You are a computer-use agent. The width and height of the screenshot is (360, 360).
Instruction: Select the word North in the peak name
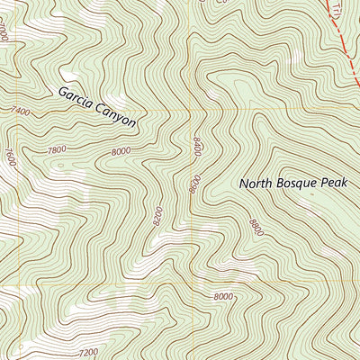[256, 184]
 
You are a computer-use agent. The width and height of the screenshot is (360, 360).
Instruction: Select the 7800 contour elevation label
[58, 149]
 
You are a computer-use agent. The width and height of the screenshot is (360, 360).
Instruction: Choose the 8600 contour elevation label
[193, 183]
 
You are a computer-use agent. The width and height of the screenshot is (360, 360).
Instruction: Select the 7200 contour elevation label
[88, 352]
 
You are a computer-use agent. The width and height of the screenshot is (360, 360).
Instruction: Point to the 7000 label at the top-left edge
[5, 35]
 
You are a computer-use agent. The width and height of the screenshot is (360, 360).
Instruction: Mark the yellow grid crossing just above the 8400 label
[191, 110]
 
